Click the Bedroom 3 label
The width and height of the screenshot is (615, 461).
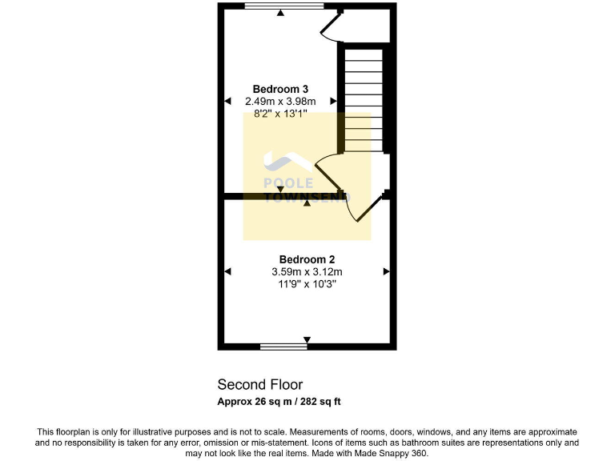(280, 89)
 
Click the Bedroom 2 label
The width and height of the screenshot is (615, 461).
(307, 259)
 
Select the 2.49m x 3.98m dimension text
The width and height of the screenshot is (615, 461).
(280, 101)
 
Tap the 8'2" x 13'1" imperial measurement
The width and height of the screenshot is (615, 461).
(280, 114)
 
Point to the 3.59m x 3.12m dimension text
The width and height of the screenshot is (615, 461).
(307, 272)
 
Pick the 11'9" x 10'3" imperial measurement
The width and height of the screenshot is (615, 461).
(307, 284)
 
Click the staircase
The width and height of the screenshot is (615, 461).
(364, 100)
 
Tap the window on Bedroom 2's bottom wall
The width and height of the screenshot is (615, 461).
(283, 347)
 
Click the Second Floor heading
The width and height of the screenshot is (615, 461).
(260, 385)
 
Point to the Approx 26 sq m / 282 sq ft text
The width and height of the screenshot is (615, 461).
(284, 401)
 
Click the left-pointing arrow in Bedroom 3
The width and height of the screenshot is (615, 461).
(227, 101)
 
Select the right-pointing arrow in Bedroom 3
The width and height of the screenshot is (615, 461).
(333, 101)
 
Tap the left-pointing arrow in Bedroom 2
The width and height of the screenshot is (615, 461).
(227, 272)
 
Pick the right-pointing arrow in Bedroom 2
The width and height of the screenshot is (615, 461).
(386, 272)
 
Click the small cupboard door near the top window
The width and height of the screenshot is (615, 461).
(329, 28)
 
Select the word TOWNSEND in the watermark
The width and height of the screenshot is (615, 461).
(297, 196)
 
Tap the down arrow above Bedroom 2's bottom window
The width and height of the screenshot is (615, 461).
(307, 339)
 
